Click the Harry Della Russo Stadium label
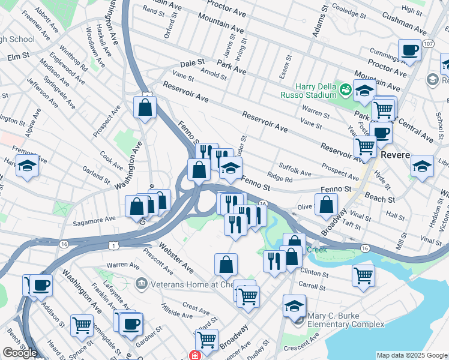pos(308,89)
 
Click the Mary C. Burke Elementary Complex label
pos(345,320)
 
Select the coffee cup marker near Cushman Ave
pos(409,51)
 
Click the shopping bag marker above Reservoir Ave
pos(145,108)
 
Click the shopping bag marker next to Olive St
pos(326,205)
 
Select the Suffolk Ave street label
pos(295,169)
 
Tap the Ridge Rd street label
pos(280,179)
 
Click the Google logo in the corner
pos(20,353)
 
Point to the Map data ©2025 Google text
pos(412,355)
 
